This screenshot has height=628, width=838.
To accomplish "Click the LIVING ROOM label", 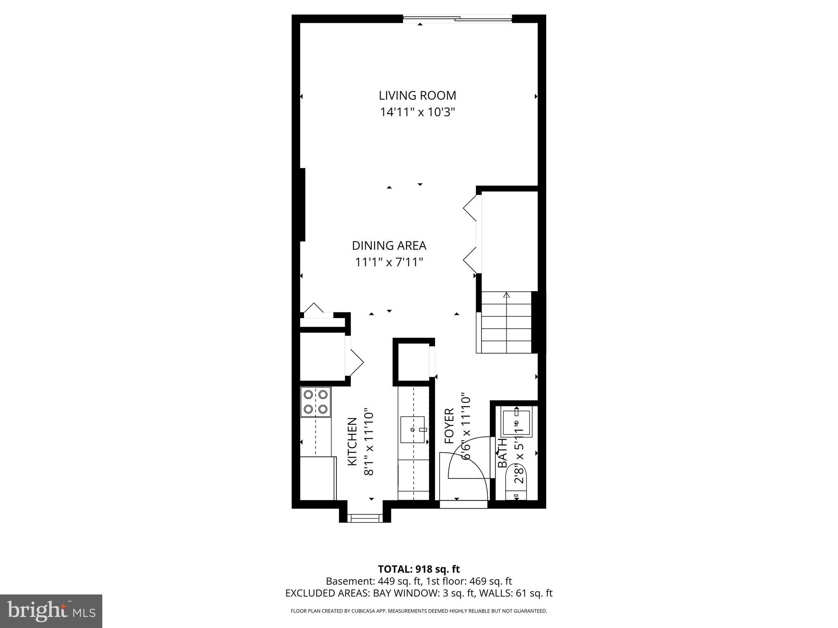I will pos(417,95).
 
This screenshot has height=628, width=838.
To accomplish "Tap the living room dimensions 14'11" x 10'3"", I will pos(417,112).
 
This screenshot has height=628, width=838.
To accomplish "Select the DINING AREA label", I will pos(389,246).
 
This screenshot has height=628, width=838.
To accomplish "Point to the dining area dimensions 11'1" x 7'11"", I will pos(389,262).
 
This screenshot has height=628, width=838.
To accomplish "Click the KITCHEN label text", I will pos(352,442).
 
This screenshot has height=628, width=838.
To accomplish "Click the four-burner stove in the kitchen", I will pos(315,402).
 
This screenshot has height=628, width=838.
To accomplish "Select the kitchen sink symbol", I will pos(413,430).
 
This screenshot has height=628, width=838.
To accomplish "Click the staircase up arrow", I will pos(507,296).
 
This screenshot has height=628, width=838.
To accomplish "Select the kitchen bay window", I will pos(365,518).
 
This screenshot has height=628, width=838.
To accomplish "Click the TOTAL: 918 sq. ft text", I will pos(419,569).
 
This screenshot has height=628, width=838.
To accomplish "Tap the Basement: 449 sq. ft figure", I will pos(373,581).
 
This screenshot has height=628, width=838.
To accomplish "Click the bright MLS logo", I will pos(51,611).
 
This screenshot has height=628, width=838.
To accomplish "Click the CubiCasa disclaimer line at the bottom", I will pos(419,611).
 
